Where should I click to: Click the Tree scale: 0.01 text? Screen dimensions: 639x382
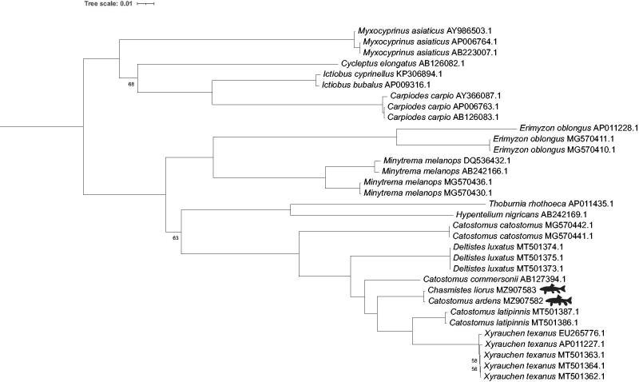coord(108,4)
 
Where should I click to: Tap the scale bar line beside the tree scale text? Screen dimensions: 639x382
coord(145,5)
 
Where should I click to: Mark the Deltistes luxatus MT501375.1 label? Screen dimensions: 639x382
coord(507,257)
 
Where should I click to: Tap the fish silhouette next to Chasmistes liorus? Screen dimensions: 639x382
coord(554,289)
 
